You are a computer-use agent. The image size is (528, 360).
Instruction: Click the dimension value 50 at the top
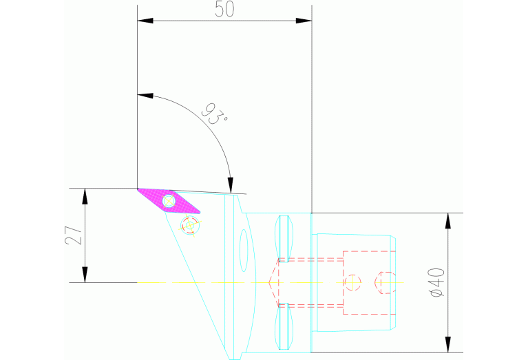point(224,10)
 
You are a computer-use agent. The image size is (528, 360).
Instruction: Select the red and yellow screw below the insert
point(190,224)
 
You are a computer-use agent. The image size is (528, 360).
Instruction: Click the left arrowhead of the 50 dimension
point(145,21)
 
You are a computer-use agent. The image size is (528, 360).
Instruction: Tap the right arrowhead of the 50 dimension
point(304,21)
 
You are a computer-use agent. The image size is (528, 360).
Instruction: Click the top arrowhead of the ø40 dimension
point(448,220)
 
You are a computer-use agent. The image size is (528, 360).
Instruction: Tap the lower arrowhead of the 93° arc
point(230,186)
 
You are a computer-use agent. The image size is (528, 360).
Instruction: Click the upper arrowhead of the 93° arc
point(145,94)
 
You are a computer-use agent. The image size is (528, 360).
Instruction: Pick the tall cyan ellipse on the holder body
point(243,251)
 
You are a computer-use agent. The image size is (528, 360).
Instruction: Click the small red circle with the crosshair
point(352,282)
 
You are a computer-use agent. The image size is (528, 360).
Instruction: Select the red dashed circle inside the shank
point(385,282)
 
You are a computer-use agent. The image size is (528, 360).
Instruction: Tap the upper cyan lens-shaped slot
point(283,236)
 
